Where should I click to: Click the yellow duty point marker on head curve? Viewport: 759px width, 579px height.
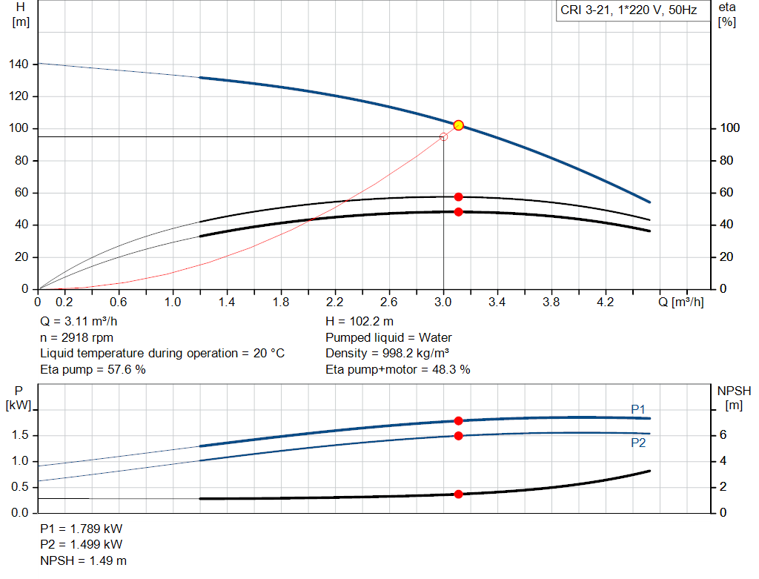point(458,125)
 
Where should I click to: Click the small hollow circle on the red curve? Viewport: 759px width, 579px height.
point(443,136)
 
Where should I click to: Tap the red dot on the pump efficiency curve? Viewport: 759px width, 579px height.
point(458,196)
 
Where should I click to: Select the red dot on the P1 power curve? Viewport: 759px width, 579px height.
point(458,420)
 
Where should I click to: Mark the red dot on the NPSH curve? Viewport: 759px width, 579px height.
point(458,494)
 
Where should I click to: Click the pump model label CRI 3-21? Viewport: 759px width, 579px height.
point(626,11)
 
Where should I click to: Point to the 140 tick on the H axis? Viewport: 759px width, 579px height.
point(19,64)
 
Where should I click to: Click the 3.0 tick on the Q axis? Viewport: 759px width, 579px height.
point(443,302)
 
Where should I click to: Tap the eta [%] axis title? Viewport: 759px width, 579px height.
point(726,14)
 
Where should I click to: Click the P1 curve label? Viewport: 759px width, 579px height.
point(638,408)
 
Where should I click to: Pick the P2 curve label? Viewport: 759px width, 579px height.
point(638,443)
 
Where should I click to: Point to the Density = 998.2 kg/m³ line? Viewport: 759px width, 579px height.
point(388,353)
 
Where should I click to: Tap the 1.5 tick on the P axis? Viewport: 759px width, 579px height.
point(20,435)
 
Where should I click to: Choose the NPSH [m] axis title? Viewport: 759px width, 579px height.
point(734,397)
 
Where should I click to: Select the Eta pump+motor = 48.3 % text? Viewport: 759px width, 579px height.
point(397,369)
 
